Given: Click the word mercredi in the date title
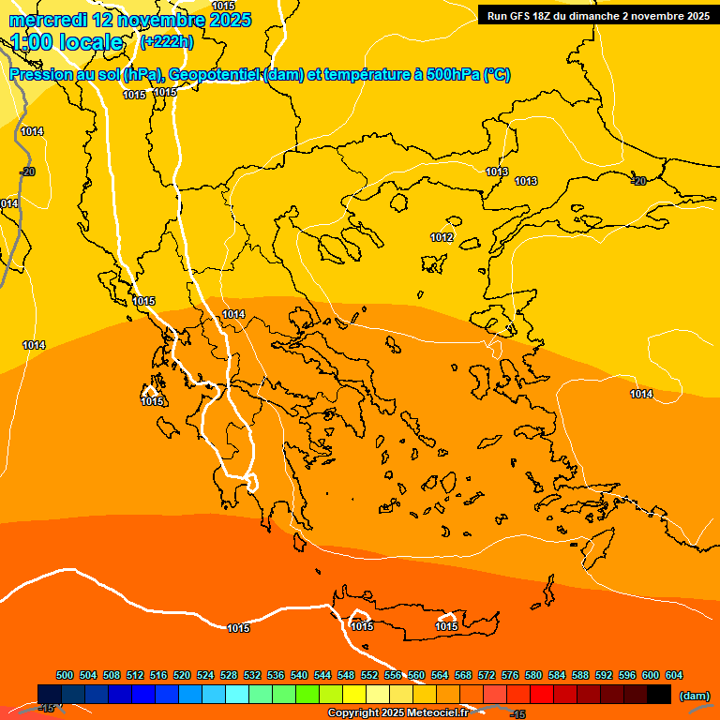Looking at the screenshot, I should pos(47,20).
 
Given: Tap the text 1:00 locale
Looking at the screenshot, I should pos(67,42).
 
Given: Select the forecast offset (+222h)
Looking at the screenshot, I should pos(166,41).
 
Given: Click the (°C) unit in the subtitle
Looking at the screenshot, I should pos(497,75).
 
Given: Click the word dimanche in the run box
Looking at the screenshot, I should pos(600,16).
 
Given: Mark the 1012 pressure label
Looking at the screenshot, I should pos(442,237).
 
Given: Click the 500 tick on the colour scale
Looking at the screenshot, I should pos(65,675).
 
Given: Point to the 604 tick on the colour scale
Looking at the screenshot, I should pos(673,675).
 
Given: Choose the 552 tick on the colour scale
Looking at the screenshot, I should pos(369,675).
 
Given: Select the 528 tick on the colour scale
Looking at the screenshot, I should pos(229,675).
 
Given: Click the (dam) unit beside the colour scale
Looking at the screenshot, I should pos(694,695).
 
